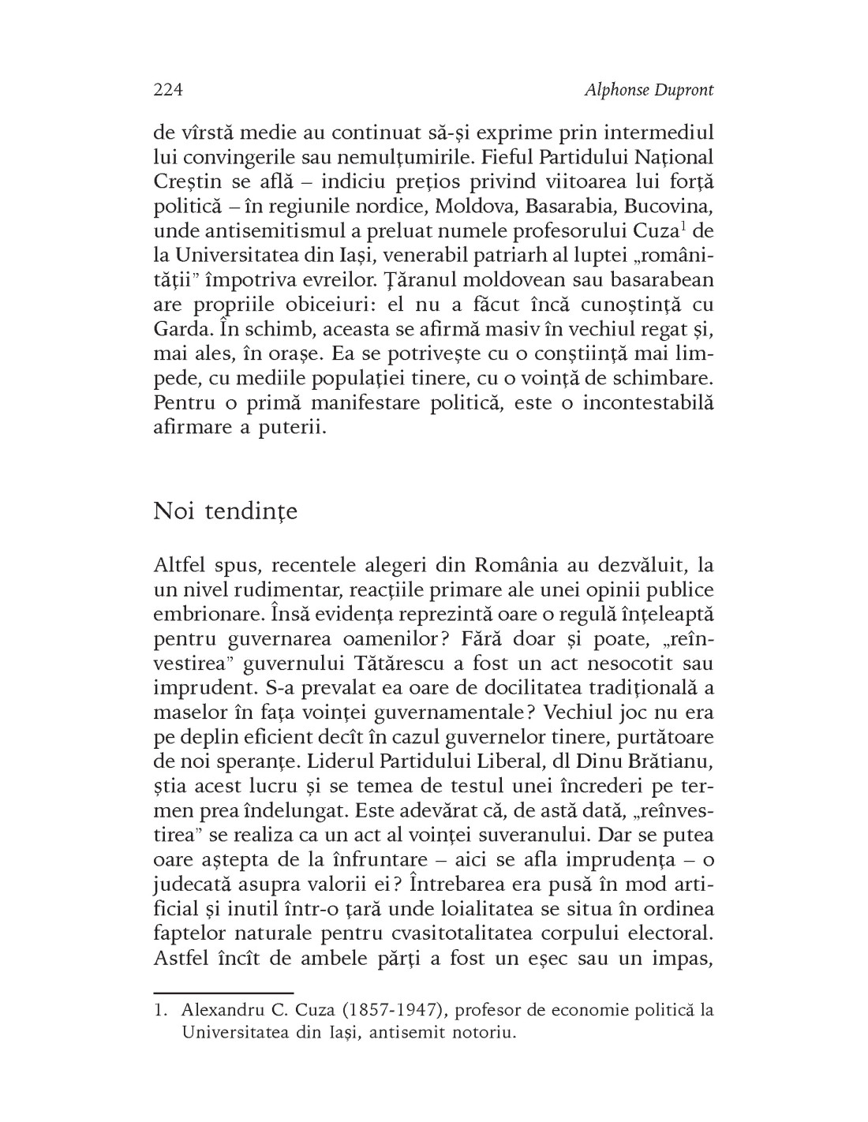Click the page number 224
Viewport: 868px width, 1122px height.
168,90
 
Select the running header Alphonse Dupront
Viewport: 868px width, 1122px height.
649,90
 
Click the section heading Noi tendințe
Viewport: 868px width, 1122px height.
226,511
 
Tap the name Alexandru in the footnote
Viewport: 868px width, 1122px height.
220,1011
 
